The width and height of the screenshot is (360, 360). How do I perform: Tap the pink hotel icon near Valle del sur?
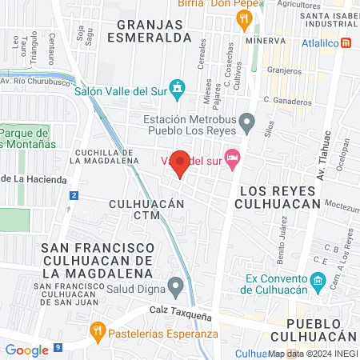(x=232, y=156)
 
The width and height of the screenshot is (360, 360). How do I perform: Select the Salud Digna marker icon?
(x=176, y=285)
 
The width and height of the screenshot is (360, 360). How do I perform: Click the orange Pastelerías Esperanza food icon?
(x=98, y=329)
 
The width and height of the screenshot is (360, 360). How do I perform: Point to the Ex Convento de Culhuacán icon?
(x=317, y=281)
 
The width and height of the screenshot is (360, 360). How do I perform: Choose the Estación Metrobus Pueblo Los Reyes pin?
(x=247, y=122)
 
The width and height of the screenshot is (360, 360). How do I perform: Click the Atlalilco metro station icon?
(x=346, y=42)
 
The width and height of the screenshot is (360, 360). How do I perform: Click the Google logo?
(x=26, y=350)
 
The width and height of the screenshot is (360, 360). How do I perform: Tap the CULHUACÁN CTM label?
(x=147, y=210)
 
